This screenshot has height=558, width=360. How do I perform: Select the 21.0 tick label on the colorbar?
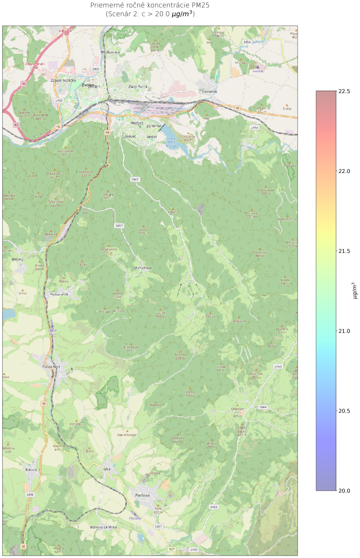[x=344, y=331]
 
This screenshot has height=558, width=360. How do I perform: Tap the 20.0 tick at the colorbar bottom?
[x=344, y=491]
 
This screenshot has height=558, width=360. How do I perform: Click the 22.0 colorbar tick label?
[x=344, y=171]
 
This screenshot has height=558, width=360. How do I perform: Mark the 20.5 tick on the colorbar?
[x=344, y=411]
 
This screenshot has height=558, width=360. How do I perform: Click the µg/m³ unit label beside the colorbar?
[x=354, y=291]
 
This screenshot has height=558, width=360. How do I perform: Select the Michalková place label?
[x=143, y=268]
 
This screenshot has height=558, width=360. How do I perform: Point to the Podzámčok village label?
[x=59, y=295]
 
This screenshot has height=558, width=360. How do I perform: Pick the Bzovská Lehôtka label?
[x=104, y=527]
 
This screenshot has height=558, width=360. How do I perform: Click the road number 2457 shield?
[x=119, y=226]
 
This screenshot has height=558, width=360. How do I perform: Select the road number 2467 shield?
[x=159, y=526]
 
